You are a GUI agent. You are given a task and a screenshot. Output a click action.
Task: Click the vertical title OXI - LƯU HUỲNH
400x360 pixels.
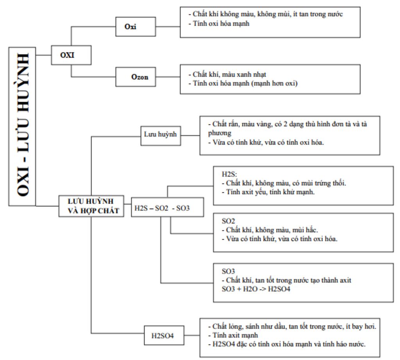23,127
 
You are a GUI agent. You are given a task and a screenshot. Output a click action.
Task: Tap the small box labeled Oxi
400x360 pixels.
133,28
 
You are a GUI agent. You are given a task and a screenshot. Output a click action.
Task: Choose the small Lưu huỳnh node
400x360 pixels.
161,134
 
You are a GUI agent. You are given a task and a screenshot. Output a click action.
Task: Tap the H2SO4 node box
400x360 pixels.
164,335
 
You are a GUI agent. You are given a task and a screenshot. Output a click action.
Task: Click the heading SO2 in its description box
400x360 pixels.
227,220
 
